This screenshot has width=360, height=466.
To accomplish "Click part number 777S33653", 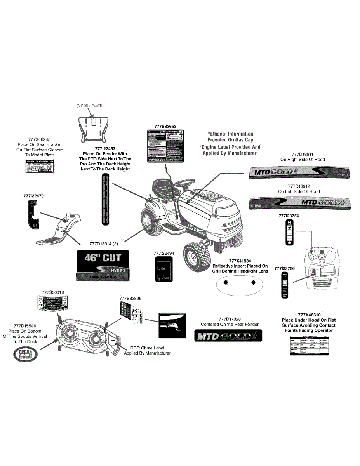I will (x=165, y=126).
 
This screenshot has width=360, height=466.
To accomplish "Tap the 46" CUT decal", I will (x=103, y=266).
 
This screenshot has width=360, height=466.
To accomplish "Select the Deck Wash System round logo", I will (x=25, y=354).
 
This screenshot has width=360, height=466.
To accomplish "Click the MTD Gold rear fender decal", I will (x=228, y=336).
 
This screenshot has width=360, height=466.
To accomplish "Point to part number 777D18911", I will (x=303, y=154).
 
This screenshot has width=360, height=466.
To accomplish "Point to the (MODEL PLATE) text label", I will (x=90, y=106).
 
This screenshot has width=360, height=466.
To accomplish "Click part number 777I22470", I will (x=33, y=196).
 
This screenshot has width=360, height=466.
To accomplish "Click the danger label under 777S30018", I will (x=53, y=303).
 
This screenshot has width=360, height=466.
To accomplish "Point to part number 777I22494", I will (x=164, y=253).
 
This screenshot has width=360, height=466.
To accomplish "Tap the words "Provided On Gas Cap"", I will (x=230, y=140).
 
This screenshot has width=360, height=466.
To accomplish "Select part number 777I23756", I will (x=284, y=268).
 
